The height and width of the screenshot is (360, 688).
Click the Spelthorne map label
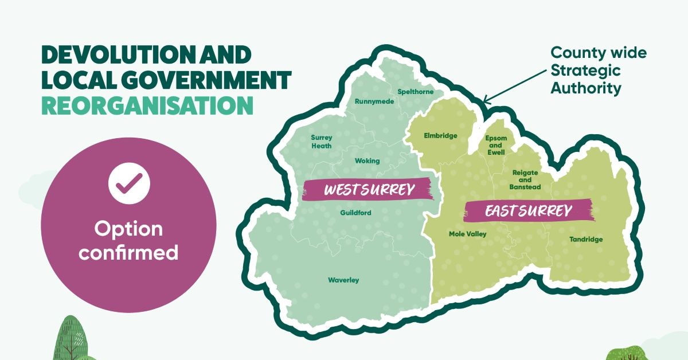[x=416, y=92]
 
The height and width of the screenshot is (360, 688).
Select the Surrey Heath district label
[x=322, y=142]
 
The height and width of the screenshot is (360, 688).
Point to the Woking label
[x=367, y=161]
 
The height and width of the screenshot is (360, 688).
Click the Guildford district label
[x=355, y=213]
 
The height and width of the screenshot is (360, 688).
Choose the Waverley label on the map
[x=343, y=280]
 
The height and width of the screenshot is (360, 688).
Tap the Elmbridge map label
[x=440, y=136]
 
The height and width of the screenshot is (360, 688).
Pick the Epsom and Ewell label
[x=496, y=146]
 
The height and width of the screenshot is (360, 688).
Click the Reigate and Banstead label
[x=525, y=179]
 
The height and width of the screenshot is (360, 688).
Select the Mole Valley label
[x=467, y=234]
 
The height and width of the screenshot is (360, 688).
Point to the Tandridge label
[x=586, y=239]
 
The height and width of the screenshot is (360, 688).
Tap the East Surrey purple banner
[x=528, y=211]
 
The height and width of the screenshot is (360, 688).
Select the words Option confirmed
[x=129, y=240]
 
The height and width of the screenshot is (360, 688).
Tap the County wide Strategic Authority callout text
[x=598, y=71]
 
